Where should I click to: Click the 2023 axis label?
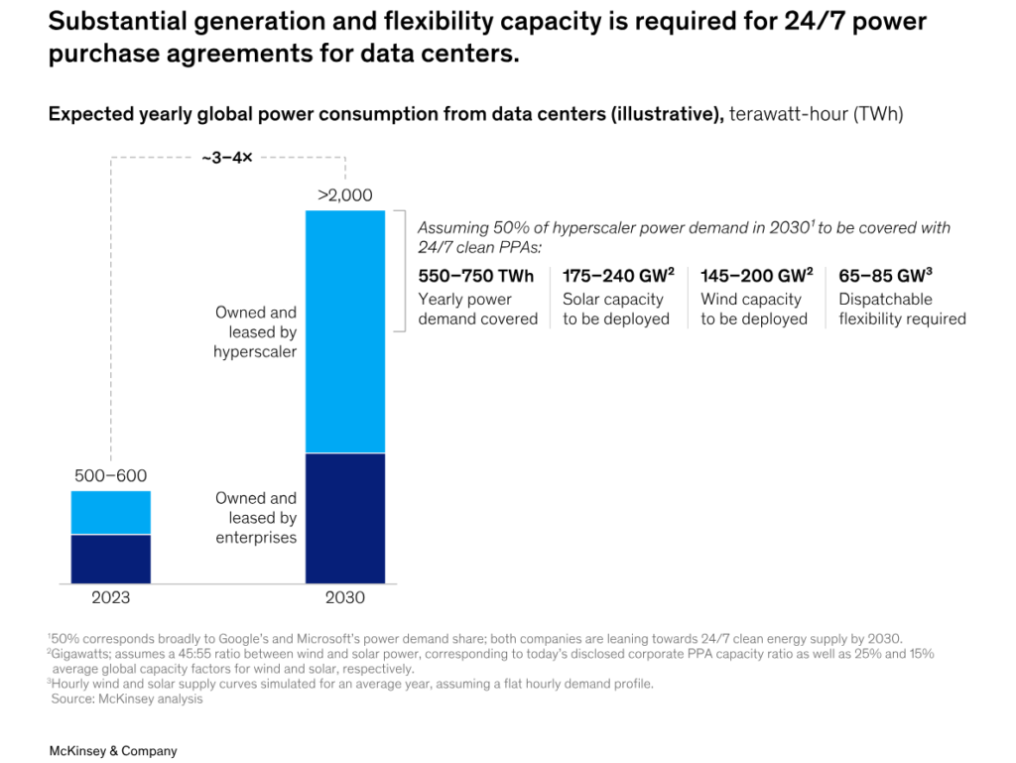pos(110,597)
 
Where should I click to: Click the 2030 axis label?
pos(344,597)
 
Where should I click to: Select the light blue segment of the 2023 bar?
pos(110,512)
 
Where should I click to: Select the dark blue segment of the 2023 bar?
pos(110,559)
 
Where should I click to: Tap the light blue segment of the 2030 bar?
pos(344,331)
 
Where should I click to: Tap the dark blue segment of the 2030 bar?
pos(344,518)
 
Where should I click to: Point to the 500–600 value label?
pos(110,476)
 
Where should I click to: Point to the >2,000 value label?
pos(344,195)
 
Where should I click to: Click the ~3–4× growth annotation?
pos(227,157)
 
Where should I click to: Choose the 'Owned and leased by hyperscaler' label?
pos(255,331)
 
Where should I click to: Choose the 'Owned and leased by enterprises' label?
pos(255,517)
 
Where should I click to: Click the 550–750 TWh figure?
pos(475,276)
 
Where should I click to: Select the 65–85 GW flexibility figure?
pos(885,276)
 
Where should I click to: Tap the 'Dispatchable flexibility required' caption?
pos(902,309)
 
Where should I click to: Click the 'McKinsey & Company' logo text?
pos(113,751)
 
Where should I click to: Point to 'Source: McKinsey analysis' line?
pos(126,699)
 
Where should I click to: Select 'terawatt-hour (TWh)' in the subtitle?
pos(816,114)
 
